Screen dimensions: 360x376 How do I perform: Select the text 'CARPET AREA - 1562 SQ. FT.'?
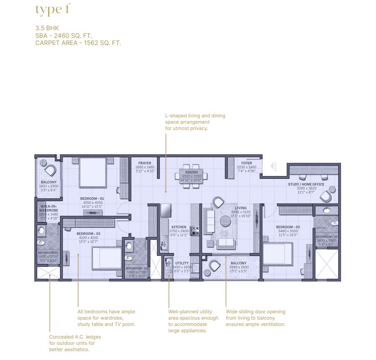click(x=78, y=42)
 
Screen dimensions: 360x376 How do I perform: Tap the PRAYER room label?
click(x=145, y=163)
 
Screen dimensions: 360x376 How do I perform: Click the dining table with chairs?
click(x=192, y=175)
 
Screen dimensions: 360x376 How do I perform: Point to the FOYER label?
click(x=247, y=163)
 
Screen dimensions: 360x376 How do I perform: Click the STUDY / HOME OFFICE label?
click(x=306, y=184)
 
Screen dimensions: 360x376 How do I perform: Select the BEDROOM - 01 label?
click(x=92, y=199)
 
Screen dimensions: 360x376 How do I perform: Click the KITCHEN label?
click(x=179, y=227)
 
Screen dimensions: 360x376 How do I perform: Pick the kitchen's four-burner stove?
click(x=195, y=230)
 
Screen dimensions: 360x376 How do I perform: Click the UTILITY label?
click(x=182, y=263)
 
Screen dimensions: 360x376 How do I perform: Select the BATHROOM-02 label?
click(x=327, y=237)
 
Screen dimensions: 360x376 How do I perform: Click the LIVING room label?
click(x=241, y=208)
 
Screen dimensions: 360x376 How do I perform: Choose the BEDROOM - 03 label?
click(x=88, y=233)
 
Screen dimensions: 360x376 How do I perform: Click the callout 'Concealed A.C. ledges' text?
click(x=75, y=337)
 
